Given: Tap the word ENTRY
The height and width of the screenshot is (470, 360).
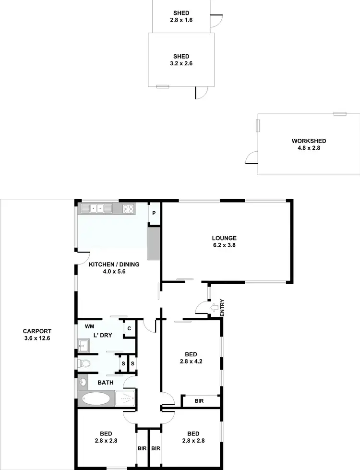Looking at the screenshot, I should [222, 308].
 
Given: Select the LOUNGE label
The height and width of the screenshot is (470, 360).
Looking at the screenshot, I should [224, 238].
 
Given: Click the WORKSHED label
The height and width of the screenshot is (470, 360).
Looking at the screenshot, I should [309, 141].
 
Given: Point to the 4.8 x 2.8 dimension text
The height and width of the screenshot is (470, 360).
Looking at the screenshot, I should [309, 148].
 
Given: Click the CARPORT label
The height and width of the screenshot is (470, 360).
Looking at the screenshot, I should [37, 331].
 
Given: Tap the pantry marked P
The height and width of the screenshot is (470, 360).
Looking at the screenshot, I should [154, 214].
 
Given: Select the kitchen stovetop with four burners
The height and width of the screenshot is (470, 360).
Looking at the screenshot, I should [128, 209].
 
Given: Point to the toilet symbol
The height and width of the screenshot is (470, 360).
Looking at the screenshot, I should [84, 363].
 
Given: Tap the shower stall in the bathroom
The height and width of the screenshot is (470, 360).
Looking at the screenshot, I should [125, 398].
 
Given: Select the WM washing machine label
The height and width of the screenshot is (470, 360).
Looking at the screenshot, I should [90, 326].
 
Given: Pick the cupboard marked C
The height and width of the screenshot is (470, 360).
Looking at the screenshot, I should [129, 328].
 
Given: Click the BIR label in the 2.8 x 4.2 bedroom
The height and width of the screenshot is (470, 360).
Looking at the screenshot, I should [199, 400].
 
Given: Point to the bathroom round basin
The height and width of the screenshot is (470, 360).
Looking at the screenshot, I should [83, 383].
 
